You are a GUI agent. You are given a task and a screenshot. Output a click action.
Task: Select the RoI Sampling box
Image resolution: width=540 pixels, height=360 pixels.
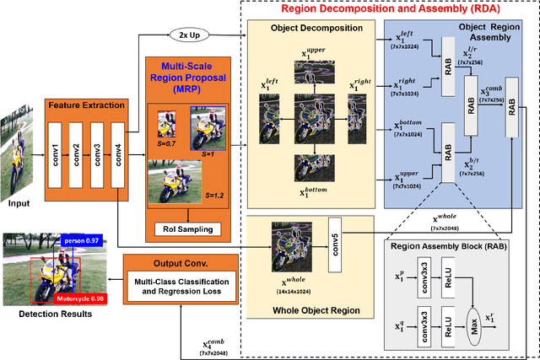[187, 228]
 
